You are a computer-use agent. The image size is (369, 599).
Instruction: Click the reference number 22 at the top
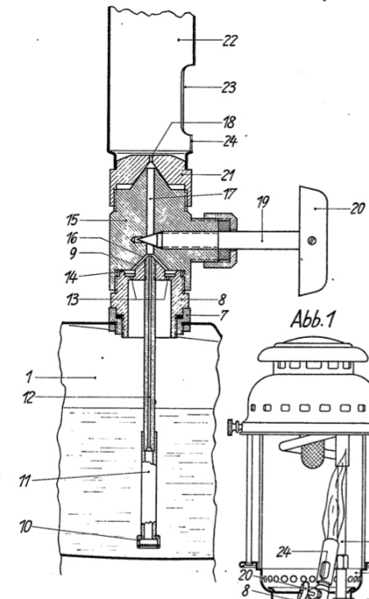[230, 40]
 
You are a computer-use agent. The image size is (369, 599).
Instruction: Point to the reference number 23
[229, 88]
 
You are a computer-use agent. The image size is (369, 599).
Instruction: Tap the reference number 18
[230, 122]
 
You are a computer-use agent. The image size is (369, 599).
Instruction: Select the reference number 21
[228, 175]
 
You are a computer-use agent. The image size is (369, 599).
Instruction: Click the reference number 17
[229, 194]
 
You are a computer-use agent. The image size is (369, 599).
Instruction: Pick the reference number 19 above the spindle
[263, 202]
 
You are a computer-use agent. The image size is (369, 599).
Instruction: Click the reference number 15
[72, 220]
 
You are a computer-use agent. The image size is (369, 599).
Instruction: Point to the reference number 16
[72, 238]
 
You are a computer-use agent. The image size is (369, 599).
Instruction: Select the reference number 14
[71, 277]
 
